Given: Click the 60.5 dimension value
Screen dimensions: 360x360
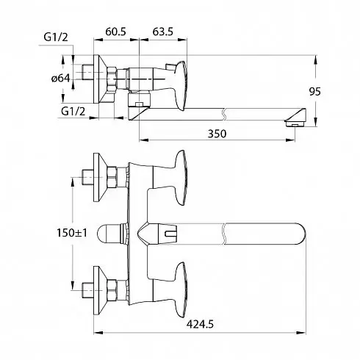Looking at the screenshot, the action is (x=115, y=32).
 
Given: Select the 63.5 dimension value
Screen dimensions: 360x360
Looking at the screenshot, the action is (x=163, y=32).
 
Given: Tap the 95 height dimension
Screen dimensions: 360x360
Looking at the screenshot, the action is (x=314, y=92).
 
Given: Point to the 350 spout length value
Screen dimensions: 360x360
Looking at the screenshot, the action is (x=217, y=134).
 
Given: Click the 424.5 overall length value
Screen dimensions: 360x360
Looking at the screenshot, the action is (x=200, y=324).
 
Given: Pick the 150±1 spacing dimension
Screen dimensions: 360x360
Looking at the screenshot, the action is (x=72, y=233).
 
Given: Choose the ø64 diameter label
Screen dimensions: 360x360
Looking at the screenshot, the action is (x=61, y=79).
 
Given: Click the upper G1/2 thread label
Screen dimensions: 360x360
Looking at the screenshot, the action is (x=56, y=37).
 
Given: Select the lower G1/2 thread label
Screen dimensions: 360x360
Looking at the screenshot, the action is (x=73, y=112).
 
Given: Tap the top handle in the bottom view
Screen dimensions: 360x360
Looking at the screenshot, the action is (x=180, y=178).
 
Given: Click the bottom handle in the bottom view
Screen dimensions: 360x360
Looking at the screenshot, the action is (x=180, y=290).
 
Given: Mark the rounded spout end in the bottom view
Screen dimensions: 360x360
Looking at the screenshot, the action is (x=300, y=234).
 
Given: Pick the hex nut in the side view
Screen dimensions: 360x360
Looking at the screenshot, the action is (x=112, y=79).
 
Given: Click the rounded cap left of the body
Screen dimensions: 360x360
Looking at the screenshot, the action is (x=109, y=234).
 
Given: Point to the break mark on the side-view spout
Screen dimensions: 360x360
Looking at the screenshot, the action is (x=223, y=115).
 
